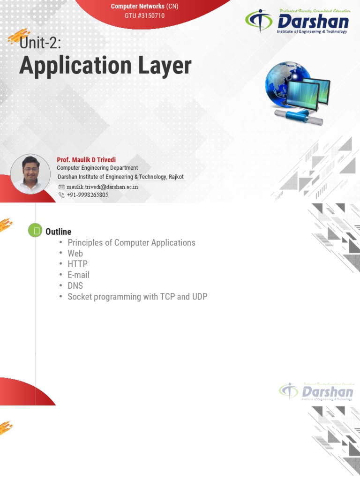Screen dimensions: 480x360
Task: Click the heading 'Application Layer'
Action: click(x=105, y=66)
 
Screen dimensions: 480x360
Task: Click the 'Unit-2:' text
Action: click(x=40, y=44)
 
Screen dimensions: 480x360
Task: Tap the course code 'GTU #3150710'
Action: click(x=144, y=16)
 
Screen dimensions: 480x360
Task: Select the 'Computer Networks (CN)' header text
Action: click(x=144, y=7)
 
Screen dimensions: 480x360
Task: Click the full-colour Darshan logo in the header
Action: click(x=297, y=22)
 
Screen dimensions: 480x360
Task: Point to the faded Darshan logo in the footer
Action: click(x=316, y=391)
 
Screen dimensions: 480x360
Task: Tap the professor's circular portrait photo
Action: click(x=30, y=174)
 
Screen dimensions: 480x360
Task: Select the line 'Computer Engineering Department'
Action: click(x=97, y=168)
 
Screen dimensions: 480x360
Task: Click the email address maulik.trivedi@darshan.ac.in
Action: click(x=102, y=187)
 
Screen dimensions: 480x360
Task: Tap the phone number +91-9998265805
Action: click(x=88, y=195)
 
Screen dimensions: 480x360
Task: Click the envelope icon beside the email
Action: click(x=61, y=187)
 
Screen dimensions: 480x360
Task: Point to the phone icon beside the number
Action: click(x=61, y=195)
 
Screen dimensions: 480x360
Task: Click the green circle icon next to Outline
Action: click(x=35, y=231)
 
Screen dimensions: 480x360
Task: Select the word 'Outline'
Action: click(x=58, y=232)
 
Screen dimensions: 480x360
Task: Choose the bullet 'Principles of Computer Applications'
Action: click(x=131, y=243)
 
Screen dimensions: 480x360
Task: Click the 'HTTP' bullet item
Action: click(x=77, y=264)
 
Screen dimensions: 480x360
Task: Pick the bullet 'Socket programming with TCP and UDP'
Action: click(x=137, y=297)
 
